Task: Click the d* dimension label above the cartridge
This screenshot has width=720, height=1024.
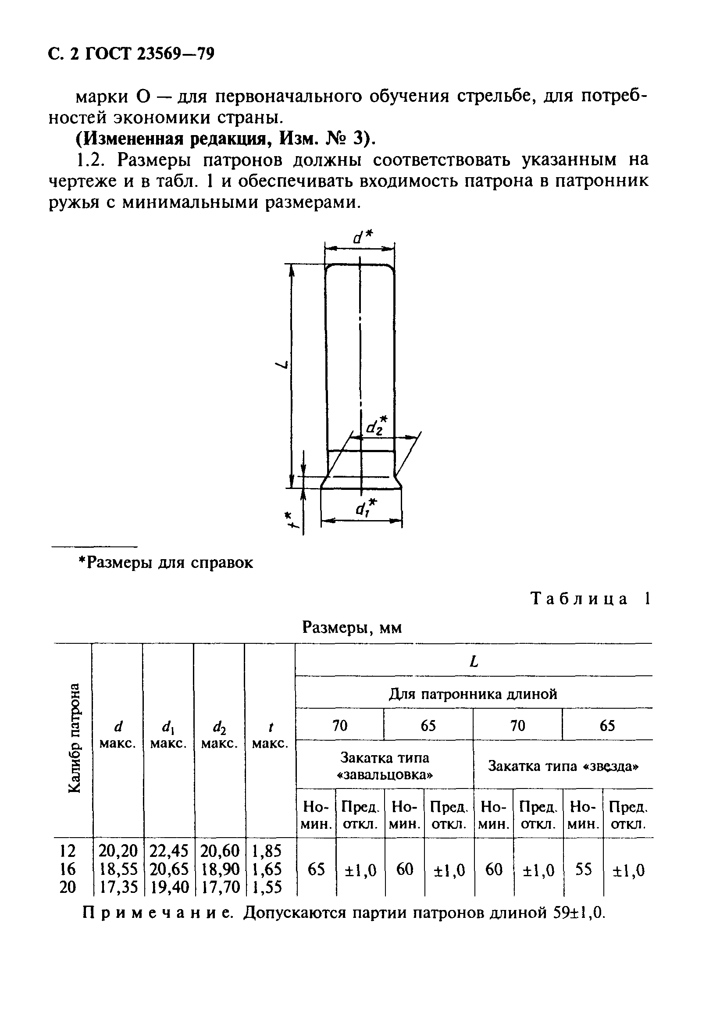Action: (x=362, y=237)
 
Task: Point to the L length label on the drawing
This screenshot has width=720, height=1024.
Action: (x=282, y=365)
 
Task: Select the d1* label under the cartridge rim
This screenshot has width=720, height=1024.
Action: (x=366, y=507)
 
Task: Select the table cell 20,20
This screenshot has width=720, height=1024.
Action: (x=118, y=851)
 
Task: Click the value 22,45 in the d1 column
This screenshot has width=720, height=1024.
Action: (x=169, y=851)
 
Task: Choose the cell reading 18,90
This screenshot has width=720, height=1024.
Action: (x=220, y=869)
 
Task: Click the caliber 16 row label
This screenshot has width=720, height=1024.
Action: (x=68, y=869)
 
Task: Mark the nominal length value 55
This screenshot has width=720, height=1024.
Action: (x=583, y=869)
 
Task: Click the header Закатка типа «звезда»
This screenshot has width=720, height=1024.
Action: (x=563, y=766)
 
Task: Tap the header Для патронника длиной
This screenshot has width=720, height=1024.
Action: (x=473, y=694)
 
